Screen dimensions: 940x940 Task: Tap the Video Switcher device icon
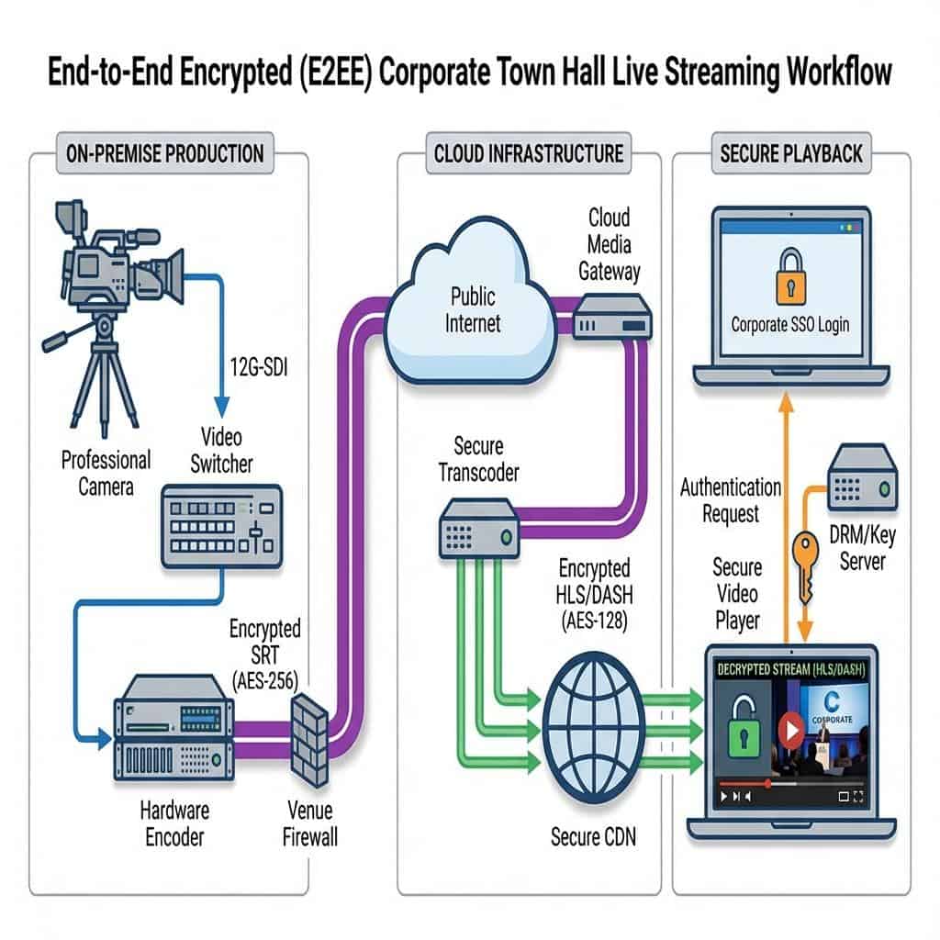tap(223, 526)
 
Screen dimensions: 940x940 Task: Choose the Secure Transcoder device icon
tap(476, 527)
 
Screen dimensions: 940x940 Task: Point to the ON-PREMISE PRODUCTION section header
tap(165, 153)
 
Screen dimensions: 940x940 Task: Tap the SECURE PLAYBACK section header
tap(791, 153)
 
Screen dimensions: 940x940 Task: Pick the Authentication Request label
tap(731, 500)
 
